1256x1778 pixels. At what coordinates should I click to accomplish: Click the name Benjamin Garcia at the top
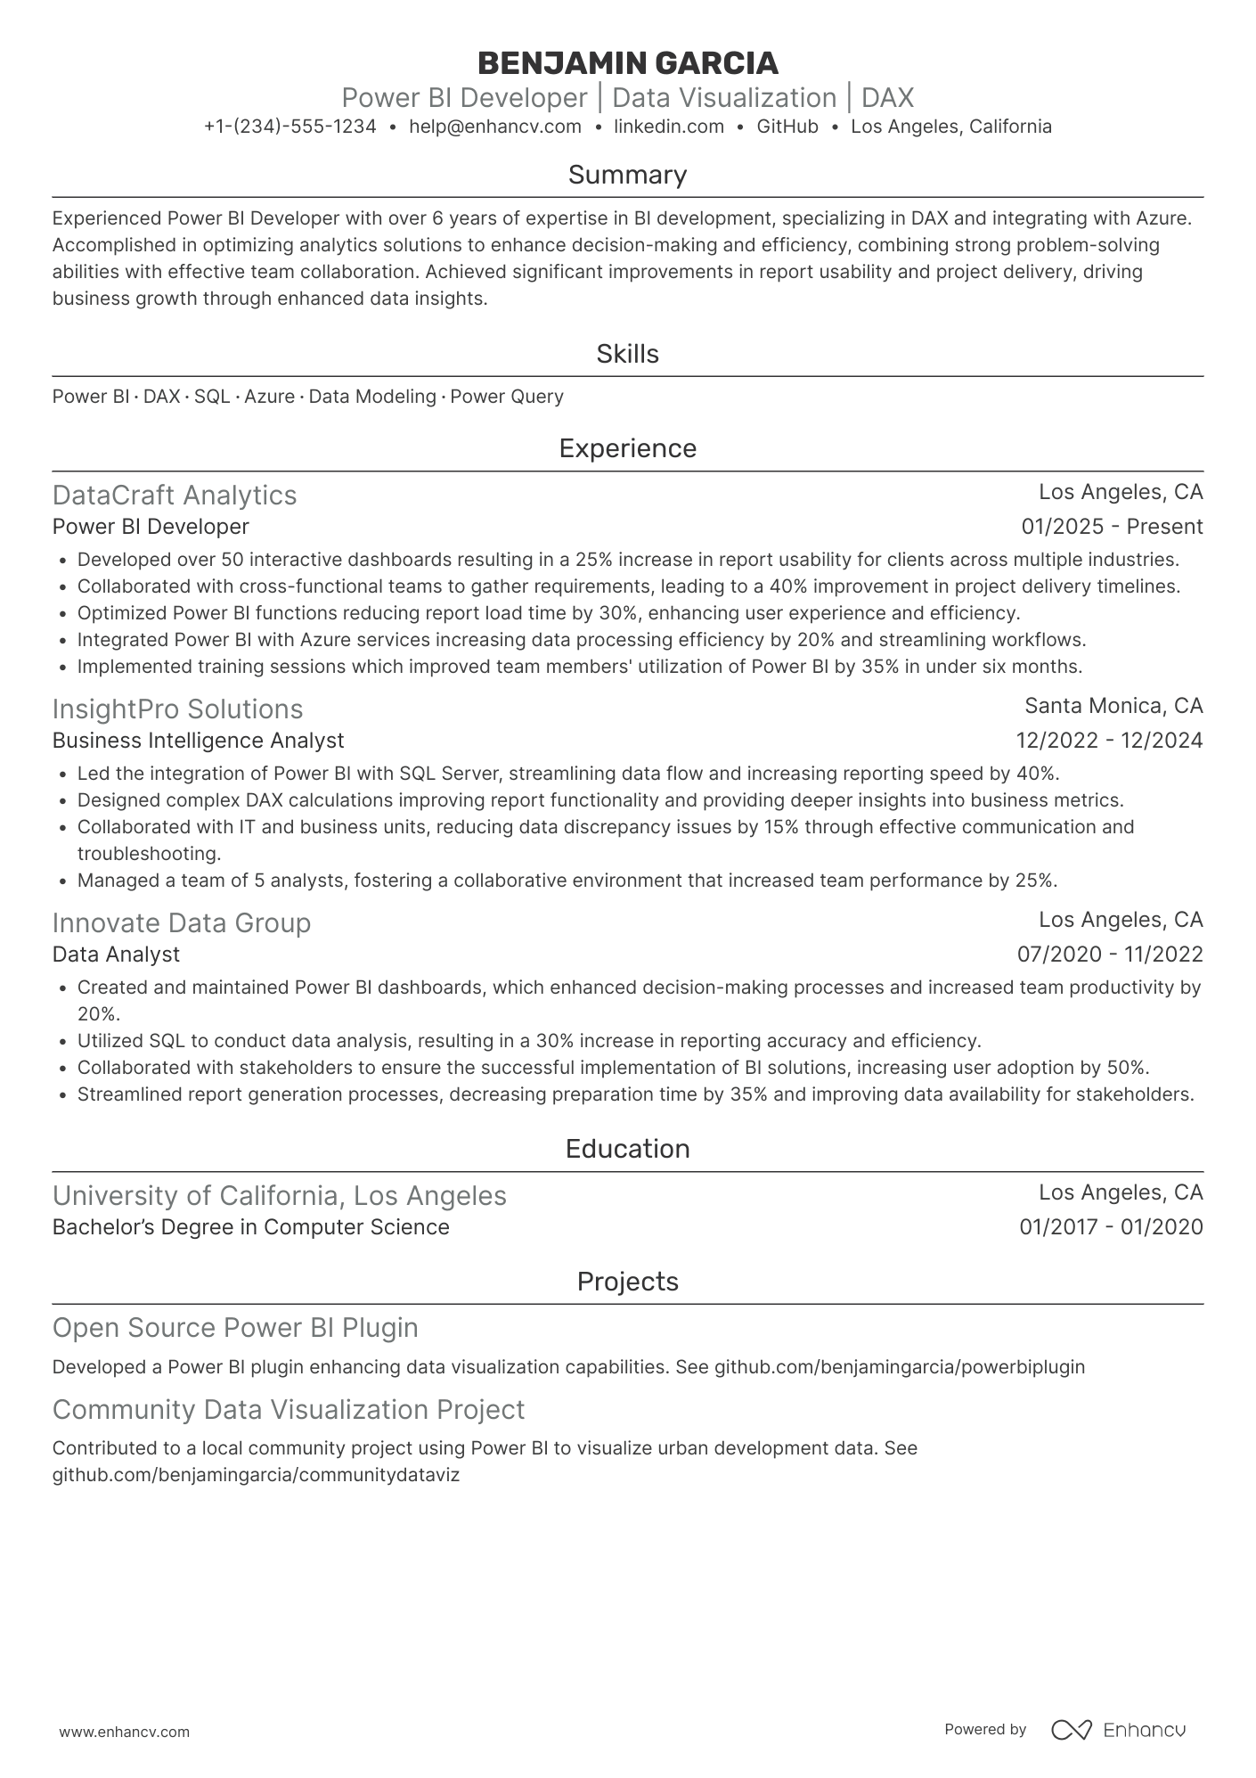[x=627, y=63]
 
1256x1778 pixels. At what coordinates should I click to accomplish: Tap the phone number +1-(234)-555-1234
[x=290, y=127]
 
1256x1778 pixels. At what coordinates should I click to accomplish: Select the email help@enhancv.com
[x=494, y=127]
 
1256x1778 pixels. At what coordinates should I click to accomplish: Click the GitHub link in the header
[x=787, y=127]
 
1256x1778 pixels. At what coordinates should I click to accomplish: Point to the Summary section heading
[x=627, y=175]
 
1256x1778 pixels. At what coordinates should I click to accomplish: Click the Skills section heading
[x=627, y=354]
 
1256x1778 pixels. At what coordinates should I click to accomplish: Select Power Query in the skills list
[x=506, y=397]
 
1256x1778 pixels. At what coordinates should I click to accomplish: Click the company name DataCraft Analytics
[x=175, y=495]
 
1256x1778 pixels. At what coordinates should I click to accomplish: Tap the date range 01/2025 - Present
[x=1111, y=527]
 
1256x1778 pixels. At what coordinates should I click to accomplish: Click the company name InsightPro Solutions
[x=177, y=709]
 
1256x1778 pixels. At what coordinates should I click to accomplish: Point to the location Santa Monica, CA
[x=1113, y=706]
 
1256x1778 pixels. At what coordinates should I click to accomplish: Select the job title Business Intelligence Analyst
[x=198, y=741]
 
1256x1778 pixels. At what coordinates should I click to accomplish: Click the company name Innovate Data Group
[x=182, y=922]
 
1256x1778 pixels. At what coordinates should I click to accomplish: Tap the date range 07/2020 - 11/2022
[x=1109, y=955]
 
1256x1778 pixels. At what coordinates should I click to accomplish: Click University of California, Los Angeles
[x=279, y=1195]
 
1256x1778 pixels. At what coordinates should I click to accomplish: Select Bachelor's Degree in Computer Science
[x=250, y=1227]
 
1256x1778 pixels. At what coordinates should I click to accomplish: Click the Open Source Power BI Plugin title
[x=235, y=1327]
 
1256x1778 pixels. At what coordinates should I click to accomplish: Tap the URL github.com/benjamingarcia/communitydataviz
[x=256, y=1475]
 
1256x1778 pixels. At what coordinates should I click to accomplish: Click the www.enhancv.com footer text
[x=124, y=1732]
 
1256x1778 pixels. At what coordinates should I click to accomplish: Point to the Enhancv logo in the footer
[x=1118, y=1730]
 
